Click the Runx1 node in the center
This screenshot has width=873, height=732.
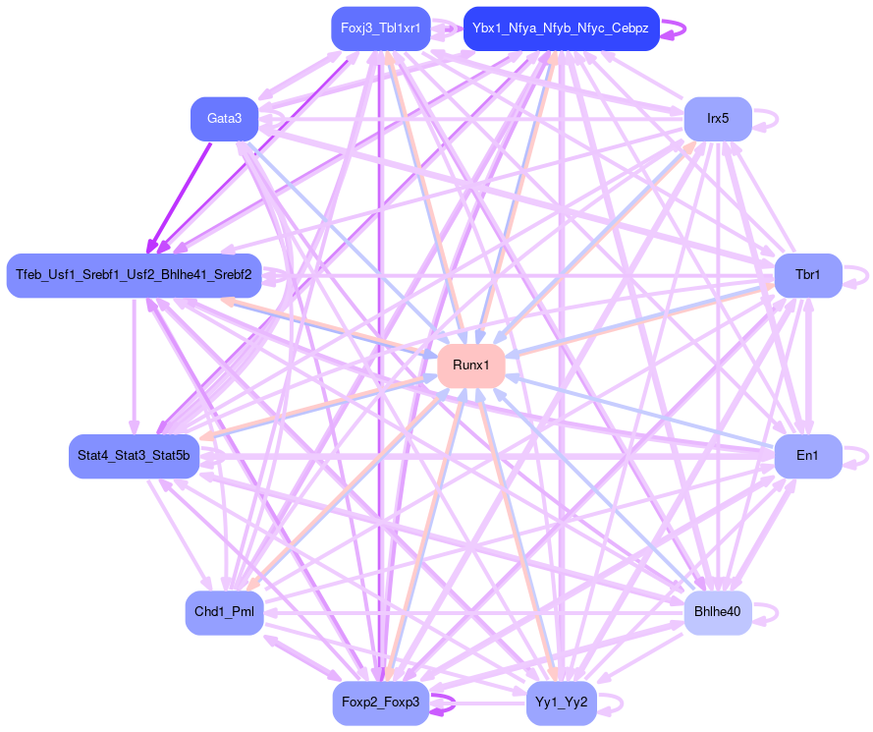(x=471, y=366)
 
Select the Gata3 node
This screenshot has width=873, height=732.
(x=224, y=119)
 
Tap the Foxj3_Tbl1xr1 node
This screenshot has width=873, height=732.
(x=380, y=28)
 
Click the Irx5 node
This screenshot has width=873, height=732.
(x=717, y=119)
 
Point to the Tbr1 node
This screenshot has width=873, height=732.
(x=807, y=275)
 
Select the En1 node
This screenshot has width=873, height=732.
(x=807, y=456)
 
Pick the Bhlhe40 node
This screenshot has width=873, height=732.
(x=717, y=612)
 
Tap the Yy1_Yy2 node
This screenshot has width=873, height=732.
(x=562, y=703)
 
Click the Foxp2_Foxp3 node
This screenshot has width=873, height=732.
(x=380, y=703)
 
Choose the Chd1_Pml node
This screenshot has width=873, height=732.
(x=224, y=612)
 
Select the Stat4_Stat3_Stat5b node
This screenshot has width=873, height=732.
(x=135, y=456)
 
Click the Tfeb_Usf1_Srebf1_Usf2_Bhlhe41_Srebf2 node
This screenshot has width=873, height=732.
(x=134, y=275)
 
